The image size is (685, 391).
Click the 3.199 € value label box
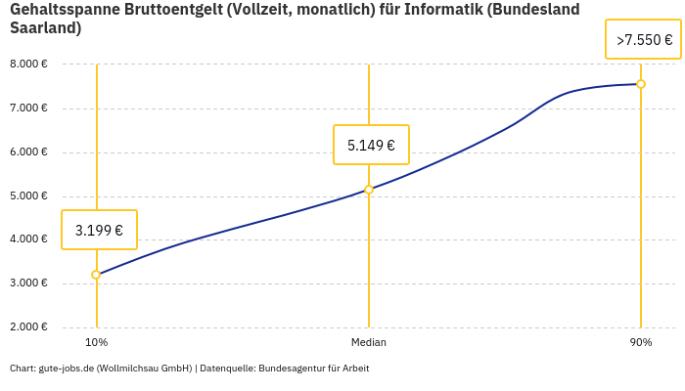(x=99, y=231)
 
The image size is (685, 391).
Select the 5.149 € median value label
(x=371, y=146)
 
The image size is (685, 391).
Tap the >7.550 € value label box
(x=644, y=40)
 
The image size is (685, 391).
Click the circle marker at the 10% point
(x=96, y=275)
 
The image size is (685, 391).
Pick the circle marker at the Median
(x=369, y=190)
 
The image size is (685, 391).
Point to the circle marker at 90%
(x=641, y=84)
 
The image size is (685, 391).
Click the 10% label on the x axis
(x=96, y=342)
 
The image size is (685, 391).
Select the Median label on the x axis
(x=369, y=342)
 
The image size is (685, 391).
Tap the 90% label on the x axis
(x=641, y=342)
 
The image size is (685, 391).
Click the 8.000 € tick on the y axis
(x=28, y=64)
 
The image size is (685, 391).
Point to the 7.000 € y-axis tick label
(x=28, y=108)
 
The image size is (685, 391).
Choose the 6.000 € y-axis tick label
(x=28, y=152)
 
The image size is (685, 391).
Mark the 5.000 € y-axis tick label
(x=28, y=195)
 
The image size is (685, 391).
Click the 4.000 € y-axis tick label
(x=28, y=239)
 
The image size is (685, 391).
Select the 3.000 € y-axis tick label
(x=28, y=282)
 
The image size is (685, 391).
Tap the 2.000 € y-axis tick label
(x=28, y=326)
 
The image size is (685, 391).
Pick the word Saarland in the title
(x=45, y=28)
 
